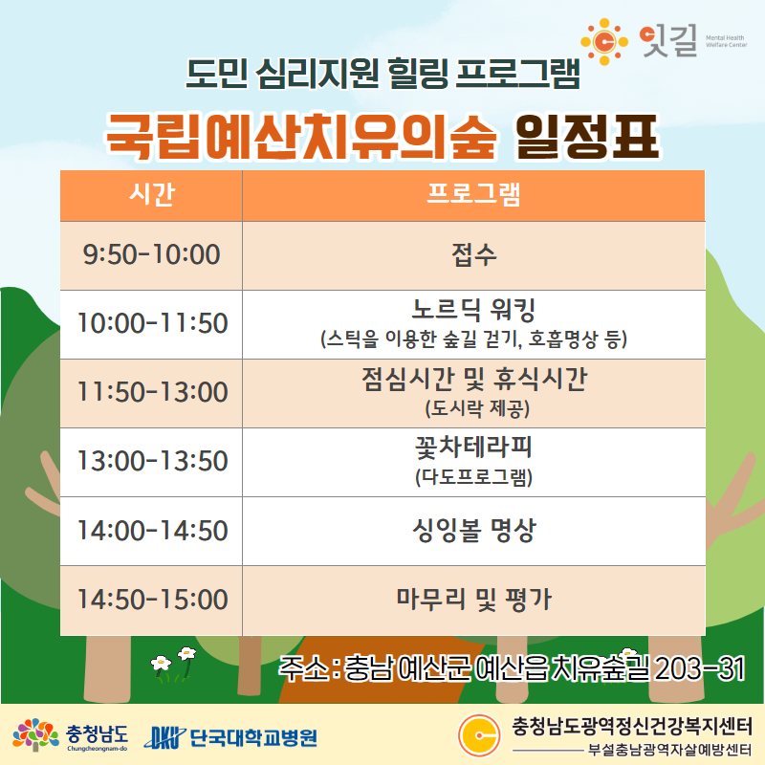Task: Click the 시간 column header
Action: coord(151,196)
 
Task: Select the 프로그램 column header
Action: coord(473,196)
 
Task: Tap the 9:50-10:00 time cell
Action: coord(151,255)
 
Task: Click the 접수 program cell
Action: coord(473,255)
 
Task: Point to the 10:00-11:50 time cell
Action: coord(151,324)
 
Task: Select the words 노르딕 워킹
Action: coord(473,310)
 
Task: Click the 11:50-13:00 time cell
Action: coord(151,393)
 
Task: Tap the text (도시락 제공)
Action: coord(477,408)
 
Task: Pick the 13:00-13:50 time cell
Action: coord(151,462)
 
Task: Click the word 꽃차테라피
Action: coord(473,448)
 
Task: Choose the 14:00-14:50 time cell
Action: coord(151,532)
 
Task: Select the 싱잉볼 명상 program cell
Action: coord(473,532)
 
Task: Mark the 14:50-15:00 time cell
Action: coord(151,601)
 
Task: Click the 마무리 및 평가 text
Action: coord(473,600)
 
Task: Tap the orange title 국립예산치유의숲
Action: coord(301,137)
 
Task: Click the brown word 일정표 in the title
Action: coord(587,137)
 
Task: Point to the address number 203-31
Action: coord(699,668)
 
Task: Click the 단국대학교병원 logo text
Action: coord(253,737)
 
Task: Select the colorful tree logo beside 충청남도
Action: coord(35,734)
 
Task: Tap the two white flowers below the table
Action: coord(174,662)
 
